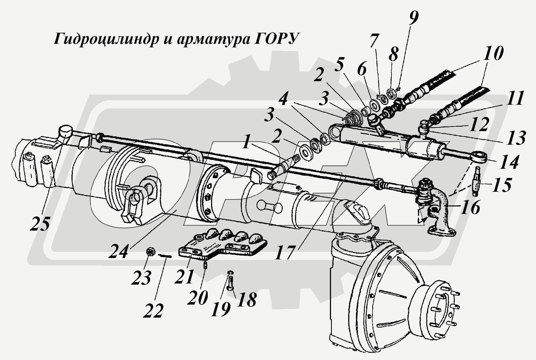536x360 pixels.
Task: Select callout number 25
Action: pyautogui.click(x=40, y=224)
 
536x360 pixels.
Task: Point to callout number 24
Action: pyautogui.click(x=118, y=252)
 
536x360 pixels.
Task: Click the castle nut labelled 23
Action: pyautogui.click(x=150, y=252)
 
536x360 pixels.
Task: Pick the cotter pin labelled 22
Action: pyautogui.click(x=165, y=256)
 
